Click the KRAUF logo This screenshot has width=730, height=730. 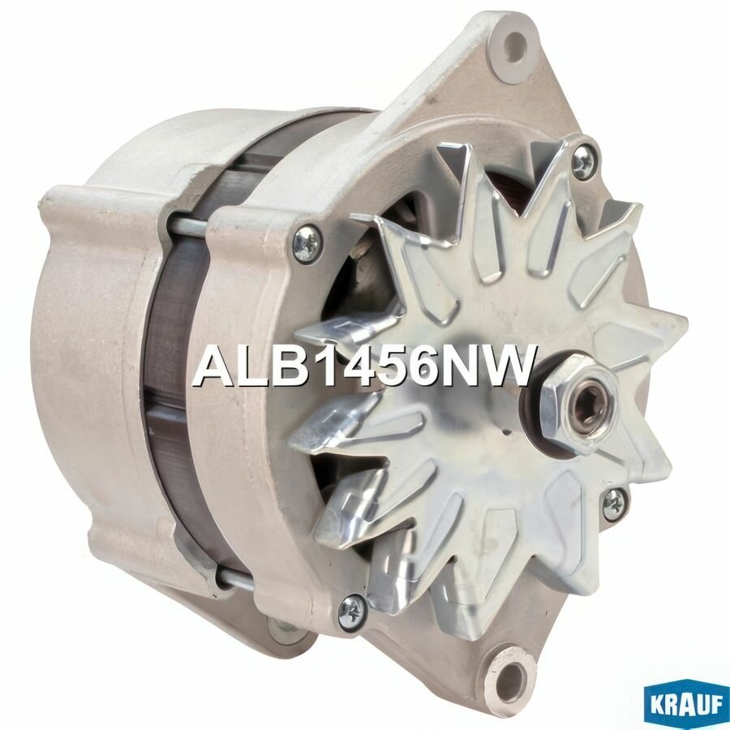click(x=683, y=703)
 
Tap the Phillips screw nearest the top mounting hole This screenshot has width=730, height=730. click(x=582, y=163)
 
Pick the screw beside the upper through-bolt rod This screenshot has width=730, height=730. click(x=307, y=243)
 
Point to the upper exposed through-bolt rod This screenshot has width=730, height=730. click(x=188, y=226)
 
